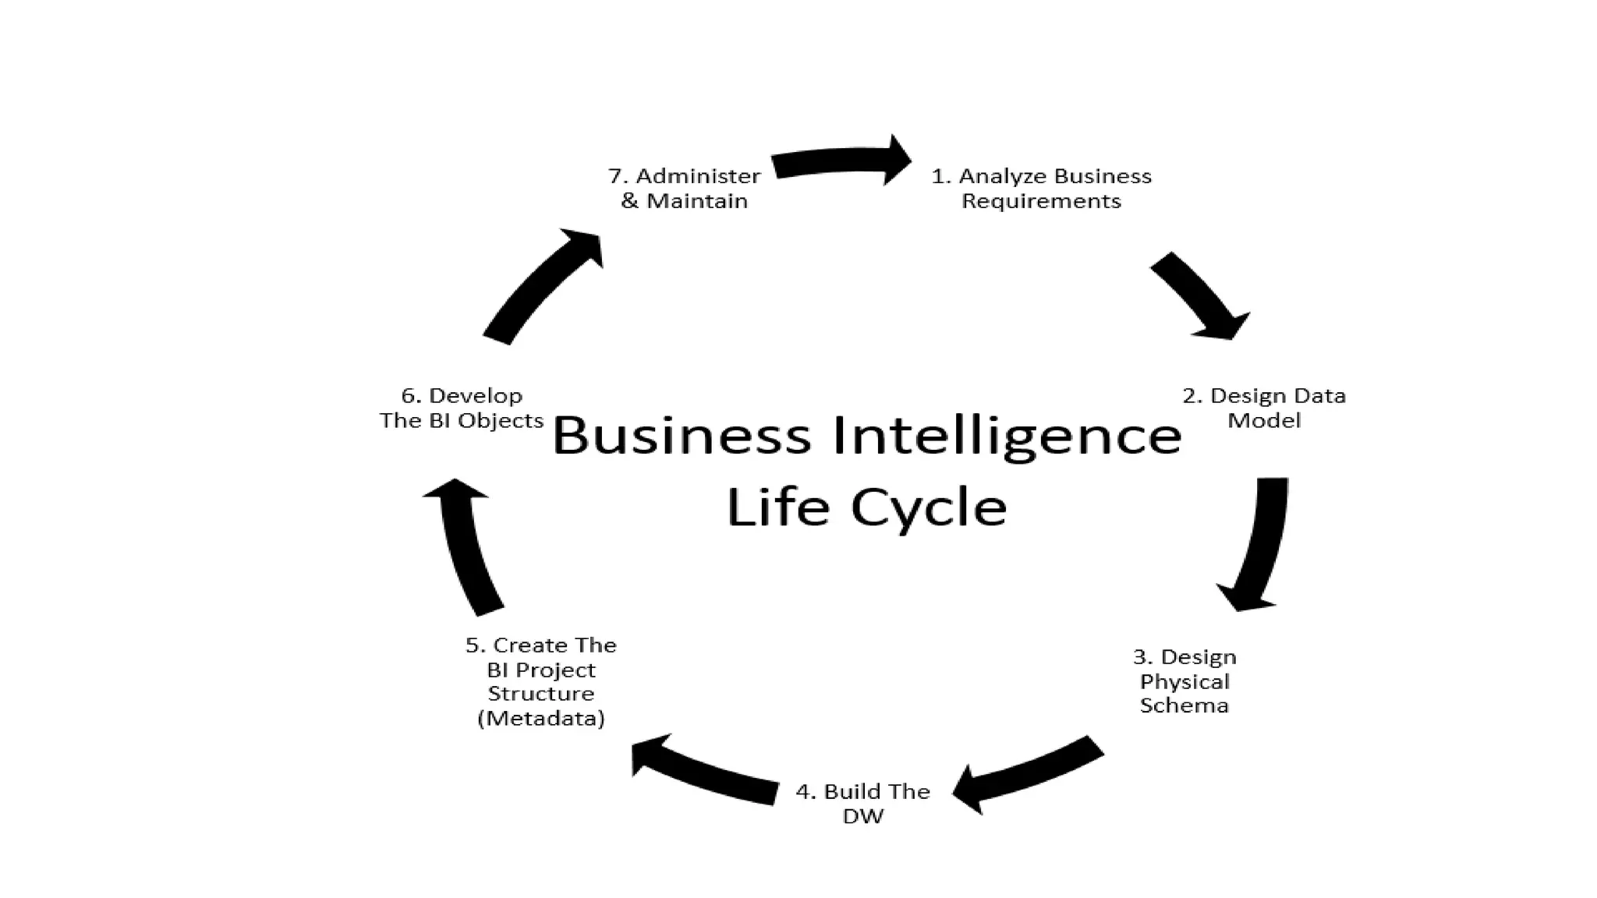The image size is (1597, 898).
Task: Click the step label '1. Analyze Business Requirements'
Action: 1041,188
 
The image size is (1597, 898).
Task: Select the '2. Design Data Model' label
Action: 1264,408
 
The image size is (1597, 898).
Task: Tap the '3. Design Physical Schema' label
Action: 1184,681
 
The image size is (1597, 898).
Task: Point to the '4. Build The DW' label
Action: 862,803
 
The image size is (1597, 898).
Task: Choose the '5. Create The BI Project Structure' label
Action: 541,681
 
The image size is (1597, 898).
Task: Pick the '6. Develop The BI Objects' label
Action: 462,408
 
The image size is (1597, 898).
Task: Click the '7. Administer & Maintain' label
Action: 684,188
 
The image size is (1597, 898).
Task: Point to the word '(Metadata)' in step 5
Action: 541,718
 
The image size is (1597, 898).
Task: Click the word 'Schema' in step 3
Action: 1184,705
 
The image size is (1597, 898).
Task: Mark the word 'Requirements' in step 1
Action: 1041,201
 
